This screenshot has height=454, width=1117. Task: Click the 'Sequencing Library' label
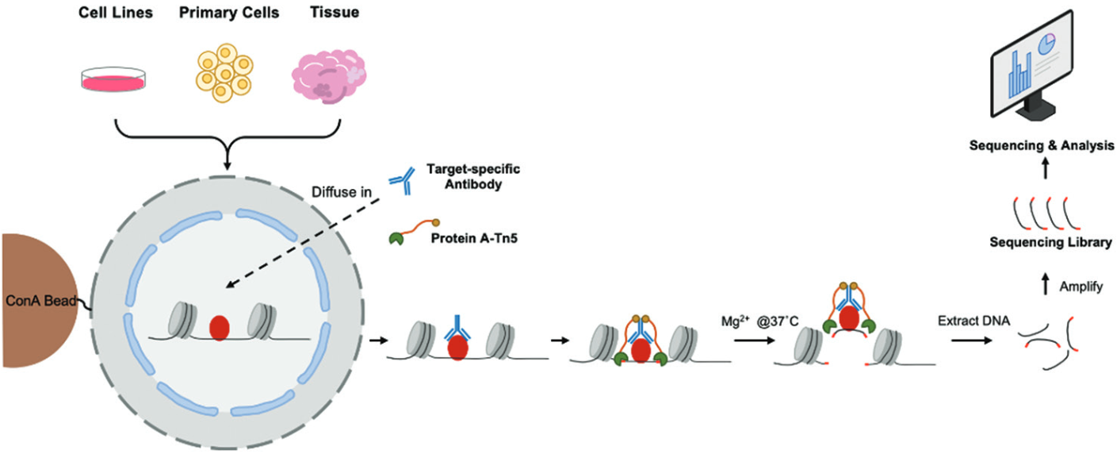point(1050,242)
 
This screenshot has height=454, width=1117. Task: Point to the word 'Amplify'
point(1081,287)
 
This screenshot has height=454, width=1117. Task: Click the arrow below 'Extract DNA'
point(972,340)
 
